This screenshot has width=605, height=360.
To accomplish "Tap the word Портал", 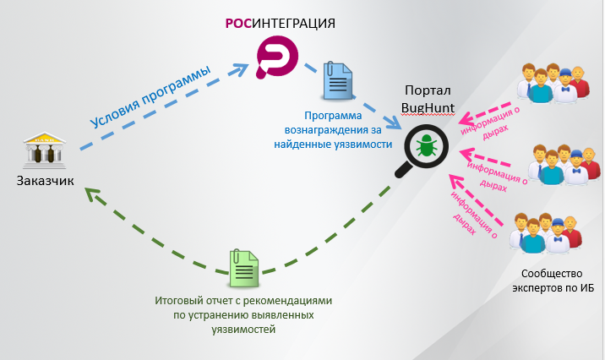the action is click(x=430, y=91).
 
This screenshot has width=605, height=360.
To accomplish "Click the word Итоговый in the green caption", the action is click(x=182, y=300).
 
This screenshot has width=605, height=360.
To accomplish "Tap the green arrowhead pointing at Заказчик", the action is click(x=92, y=198).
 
